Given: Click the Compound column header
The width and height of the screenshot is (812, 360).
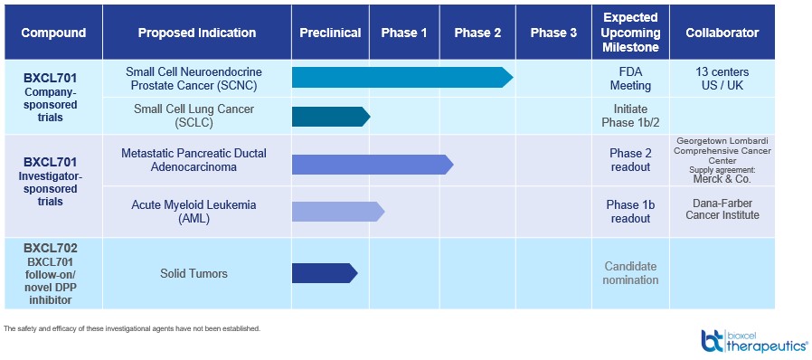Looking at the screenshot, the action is coord(53,33).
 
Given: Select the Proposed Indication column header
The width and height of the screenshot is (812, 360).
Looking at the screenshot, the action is coord(197,33).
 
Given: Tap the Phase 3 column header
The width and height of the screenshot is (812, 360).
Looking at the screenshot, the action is coord(553,33).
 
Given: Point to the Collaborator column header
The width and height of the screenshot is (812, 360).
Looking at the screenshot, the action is coord(722,33).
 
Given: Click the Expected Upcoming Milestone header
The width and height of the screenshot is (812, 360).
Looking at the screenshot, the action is coord(630,33).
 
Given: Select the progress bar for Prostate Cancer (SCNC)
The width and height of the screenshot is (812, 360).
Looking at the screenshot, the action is coord(402,78).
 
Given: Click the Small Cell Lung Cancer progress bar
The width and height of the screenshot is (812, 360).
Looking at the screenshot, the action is coord(331,117).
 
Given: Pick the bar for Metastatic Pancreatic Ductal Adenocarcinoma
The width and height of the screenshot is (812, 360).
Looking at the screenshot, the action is coord(373,165).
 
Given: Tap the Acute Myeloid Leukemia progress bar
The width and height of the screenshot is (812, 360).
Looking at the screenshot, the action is coord(338,212).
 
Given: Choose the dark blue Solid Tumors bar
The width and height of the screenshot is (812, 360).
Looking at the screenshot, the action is coord(325,273).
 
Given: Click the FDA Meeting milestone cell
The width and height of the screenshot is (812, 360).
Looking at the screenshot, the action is coord(630,78).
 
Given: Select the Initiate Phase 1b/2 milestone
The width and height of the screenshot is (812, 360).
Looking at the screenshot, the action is coord(630,117).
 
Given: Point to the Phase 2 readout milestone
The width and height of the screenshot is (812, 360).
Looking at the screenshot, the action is coord(630,160).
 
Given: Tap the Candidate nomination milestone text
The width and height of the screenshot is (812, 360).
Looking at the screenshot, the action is coord(631,273).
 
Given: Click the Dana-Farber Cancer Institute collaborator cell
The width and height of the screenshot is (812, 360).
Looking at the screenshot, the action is coord(722,209).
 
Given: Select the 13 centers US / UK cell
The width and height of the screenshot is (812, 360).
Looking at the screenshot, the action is coord(722,79).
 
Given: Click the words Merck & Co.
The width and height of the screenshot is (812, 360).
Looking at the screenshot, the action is coord(722,179).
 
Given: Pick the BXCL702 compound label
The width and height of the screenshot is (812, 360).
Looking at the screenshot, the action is coord(51,248).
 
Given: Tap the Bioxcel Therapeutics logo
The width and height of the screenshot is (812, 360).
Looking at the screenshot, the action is coord(754,340).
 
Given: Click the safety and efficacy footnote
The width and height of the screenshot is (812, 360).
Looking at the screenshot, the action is coord(131,328).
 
